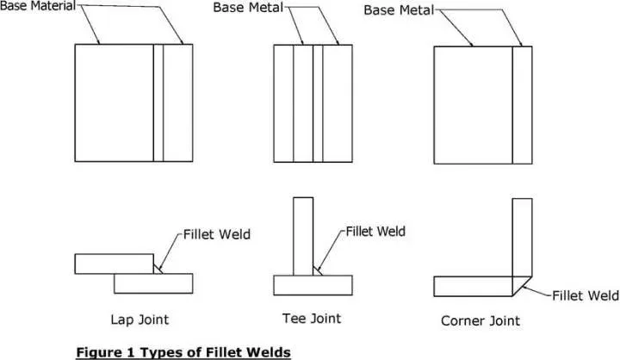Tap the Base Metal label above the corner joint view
coord(398,9)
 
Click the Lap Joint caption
coord(140,320)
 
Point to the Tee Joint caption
coord(311,319)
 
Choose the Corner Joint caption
coord(480,320)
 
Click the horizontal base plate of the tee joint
coord(313,284)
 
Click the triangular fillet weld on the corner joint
coord(526,283)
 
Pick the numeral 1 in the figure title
coord(127,351)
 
